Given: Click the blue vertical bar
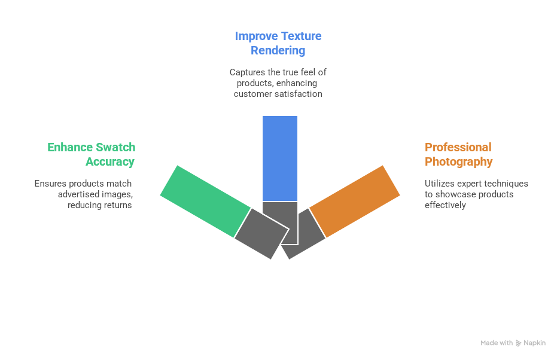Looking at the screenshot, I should click(x=279, y=158).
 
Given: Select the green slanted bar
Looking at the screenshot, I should click(x=205, y=200).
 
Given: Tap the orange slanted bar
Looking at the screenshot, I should click(x=354, y=200).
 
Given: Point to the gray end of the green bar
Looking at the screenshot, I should click(x=261, y=233).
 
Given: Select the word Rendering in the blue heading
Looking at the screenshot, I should click(x=278, y=50).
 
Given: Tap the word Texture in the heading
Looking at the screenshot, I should click(x=300, y=36).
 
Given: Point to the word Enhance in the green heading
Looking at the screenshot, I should click(x=69, y=147).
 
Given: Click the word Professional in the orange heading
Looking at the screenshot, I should click(x=449, y=147).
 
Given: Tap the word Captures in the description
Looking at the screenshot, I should click(x=246, y=72).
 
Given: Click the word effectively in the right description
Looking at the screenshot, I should click(x=445, y=205).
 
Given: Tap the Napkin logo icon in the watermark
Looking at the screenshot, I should click(x=518, y=343).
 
